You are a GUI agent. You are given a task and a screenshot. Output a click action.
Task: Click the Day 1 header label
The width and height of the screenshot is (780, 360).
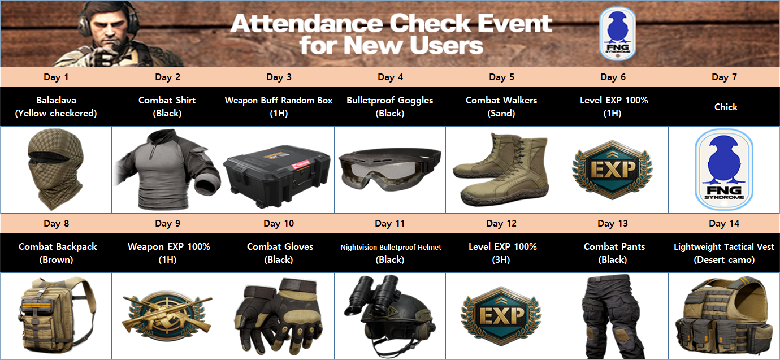coord(56,77)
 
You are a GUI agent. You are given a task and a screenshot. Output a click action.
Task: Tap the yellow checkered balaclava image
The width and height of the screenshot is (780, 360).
coord(56,170)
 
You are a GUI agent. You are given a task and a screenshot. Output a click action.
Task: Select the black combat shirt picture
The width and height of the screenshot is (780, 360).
coord(168,170)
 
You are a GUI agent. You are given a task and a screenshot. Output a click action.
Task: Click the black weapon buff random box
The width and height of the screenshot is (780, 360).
coord(277,176)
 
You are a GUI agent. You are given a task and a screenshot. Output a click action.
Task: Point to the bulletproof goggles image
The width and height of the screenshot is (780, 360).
coord(389,170)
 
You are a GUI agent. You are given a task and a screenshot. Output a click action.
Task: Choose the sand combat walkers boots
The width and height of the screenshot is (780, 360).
coord(501,169)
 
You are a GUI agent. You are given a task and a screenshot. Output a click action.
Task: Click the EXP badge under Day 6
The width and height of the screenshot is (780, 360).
coord(613,170)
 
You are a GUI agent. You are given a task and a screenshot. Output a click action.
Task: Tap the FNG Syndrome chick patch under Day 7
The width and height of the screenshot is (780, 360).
coord(724,170)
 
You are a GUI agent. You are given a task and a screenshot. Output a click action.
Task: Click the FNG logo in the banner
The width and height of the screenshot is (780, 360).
coord(617,34)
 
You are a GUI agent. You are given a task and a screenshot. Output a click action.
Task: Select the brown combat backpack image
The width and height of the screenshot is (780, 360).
coord(57,315)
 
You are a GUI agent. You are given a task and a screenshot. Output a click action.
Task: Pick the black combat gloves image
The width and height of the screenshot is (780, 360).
coord(279,316)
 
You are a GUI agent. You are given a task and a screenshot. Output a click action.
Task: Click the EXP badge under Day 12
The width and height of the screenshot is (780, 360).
coord(501,316)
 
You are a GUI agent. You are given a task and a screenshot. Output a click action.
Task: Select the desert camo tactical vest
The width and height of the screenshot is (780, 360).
coord(723,316)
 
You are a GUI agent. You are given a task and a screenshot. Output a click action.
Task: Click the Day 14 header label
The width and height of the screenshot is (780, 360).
coord(724,224)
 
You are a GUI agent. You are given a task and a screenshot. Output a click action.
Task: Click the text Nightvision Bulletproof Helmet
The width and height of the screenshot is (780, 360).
coord(391,247)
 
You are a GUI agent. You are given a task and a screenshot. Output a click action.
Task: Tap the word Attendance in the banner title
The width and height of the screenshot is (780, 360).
coord(306,24)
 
